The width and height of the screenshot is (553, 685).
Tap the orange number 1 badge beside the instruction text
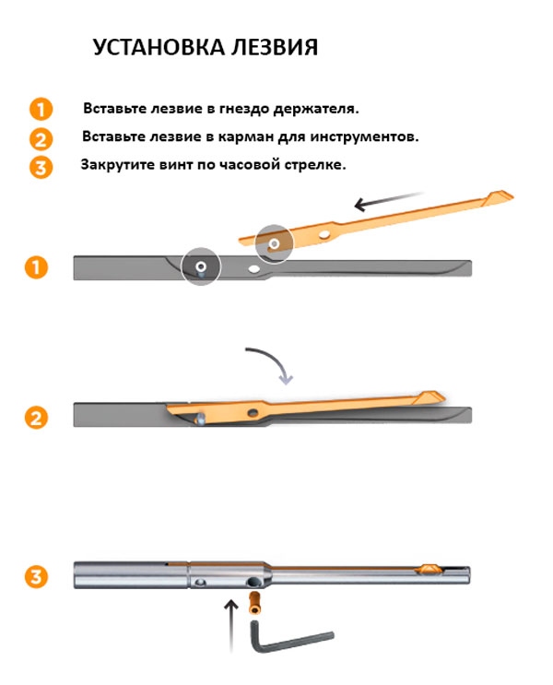click(41, 109)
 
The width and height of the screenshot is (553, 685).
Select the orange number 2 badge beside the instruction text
click(41, 139)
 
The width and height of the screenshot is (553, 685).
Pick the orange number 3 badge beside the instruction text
click(41, 168)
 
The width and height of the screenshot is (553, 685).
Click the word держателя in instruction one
click(316, 109)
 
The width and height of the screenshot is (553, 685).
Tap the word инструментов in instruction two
click(364, 137)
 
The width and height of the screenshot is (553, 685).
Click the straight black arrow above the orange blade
click(389, 200)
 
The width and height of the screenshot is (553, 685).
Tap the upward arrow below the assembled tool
click(231, 627)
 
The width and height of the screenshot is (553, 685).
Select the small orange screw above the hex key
click(254, 603)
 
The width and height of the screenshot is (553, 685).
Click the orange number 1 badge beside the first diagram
click(36, 267)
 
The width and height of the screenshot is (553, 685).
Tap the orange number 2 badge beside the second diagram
click(36, 418)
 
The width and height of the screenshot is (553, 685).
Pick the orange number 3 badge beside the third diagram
click(36, 576)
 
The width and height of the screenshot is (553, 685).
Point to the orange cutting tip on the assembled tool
click(428, 568)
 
